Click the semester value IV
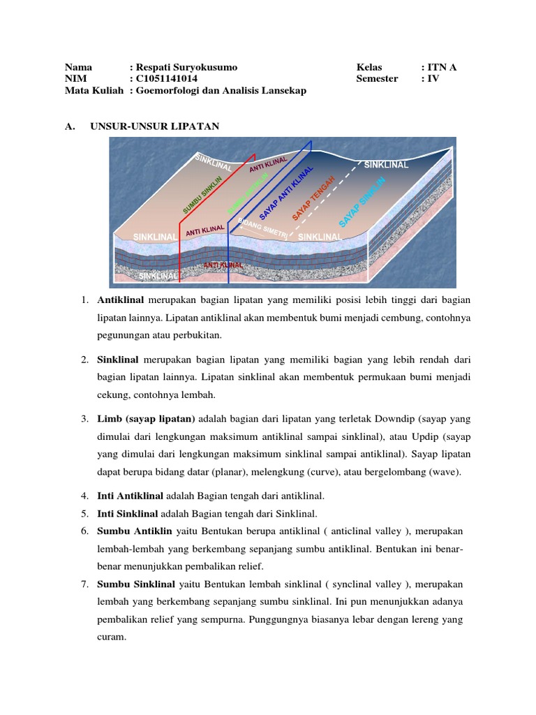(x=433, y=79)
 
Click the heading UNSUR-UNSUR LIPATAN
(x=155, y=126)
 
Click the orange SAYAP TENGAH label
(x=313, y=199)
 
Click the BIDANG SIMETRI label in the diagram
(x=262, y=229)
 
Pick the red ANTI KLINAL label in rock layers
(x=223, y=265)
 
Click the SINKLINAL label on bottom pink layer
(x=158, y=277)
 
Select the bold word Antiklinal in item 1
(x=120, y=300)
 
